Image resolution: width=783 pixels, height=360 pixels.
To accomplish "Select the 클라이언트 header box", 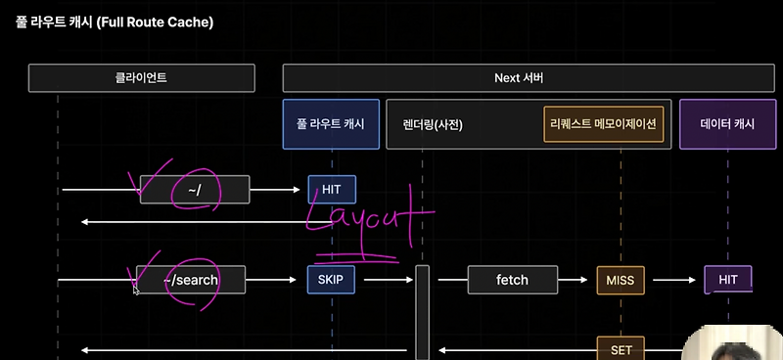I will [141, 77].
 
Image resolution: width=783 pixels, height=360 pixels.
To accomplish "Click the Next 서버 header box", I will [520, 77].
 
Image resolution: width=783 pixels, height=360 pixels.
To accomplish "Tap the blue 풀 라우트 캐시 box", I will [331, 124].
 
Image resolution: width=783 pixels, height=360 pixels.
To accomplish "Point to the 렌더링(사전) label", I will [432, 124].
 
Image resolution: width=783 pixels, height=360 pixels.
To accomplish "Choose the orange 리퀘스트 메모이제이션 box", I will [604, 124].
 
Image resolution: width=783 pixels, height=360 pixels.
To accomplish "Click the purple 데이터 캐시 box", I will [728, 124].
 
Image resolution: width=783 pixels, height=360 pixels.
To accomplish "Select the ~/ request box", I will [194, 190].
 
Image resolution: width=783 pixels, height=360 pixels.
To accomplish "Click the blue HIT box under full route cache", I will [331, 190].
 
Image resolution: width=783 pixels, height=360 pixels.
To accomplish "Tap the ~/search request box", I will [191, 280].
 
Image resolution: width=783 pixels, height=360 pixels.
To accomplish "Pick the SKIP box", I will [331, 280].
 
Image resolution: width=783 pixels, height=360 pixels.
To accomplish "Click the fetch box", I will [512, 280].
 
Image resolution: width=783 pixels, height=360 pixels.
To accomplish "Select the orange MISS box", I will [621, 281].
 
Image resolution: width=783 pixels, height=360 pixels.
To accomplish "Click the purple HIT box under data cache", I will [728, 280].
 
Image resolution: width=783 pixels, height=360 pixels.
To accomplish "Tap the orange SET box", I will [621, 349].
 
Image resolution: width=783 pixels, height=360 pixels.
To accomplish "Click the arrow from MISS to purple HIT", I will [674, 281].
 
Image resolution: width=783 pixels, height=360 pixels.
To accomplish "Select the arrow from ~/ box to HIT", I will [276, 190].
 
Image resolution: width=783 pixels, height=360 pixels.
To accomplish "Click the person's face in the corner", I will [731, 345].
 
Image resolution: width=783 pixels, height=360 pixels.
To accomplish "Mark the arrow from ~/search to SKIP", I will [271, 280].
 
